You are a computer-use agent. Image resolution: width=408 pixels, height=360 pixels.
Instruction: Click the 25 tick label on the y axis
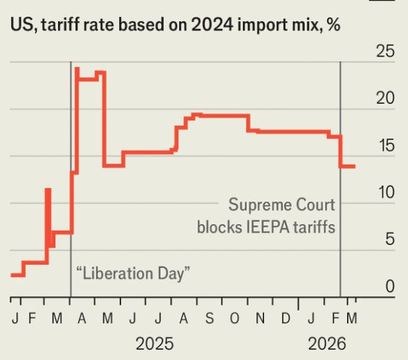click(384, 52)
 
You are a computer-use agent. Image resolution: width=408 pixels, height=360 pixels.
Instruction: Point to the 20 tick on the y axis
click(384, 99)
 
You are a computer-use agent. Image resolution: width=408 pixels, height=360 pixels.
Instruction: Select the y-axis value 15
click(384, 146)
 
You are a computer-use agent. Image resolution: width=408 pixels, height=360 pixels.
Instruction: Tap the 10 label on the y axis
click(384, 193)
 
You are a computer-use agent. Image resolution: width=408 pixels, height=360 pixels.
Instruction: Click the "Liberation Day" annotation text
click(134, 273)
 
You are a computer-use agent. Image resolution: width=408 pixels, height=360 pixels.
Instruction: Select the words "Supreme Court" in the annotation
click(281, 206)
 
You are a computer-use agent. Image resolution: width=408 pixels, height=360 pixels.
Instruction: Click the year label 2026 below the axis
click(327, 344)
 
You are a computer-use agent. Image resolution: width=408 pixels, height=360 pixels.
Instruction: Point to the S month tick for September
click(210, 317)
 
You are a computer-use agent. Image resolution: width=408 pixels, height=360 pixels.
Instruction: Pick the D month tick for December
click(285, 317)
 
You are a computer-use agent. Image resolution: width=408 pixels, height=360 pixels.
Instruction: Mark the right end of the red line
click(355, 167)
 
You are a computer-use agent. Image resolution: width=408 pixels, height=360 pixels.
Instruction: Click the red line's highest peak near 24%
click(76, 69)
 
